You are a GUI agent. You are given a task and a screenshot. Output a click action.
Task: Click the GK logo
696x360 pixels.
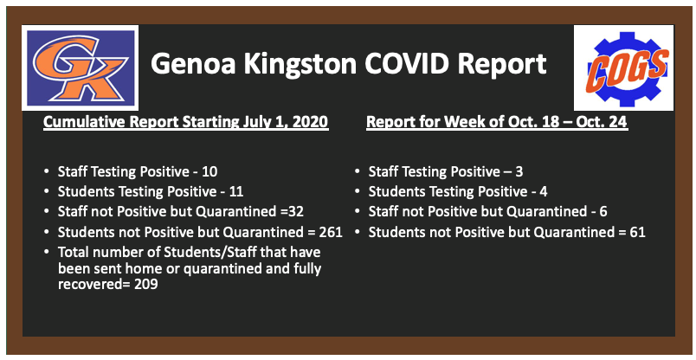(80, 67)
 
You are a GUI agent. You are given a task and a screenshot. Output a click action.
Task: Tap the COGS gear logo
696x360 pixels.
(623, 67)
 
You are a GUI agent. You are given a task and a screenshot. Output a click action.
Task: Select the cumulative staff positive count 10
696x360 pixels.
(209, 171)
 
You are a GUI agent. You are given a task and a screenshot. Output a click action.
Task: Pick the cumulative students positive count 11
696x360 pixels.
(236, 191)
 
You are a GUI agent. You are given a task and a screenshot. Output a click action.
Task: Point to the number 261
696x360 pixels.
(331, 232)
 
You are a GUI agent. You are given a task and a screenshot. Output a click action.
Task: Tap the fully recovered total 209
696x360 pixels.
(146, 284)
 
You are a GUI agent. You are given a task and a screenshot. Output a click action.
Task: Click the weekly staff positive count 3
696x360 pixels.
(519, 171)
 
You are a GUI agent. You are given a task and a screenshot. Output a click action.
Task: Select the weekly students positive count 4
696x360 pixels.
(544, 191)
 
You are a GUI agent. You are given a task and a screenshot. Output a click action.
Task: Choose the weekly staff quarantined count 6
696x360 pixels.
(603, 211)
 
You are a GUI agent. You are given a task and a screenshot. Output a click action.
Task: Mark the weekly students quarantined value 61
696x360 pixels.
(637, 232)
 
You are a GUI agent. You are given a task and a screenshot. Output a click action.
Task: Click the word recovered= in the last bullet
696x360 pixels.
(94, 284)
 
